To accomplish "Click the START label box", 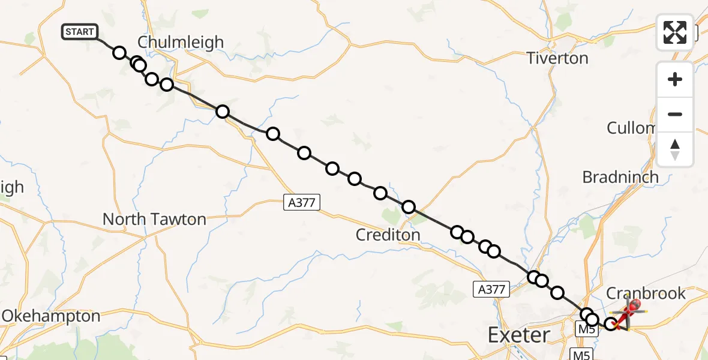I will click(80, 32).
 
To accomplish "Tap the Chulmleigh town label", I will click(181, 42).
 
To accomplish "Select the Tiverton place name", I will click(557, 58).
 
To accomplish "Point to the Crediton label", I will click(388, 235).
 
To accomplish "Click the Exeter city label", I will click(519, 334).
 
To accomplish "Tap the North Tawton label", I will click(154, 220).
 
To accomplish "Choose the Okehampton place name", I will click(51, 316).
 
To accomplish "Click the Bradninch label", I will click(620, 177).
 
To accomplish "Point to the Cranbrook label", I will click(646, 293).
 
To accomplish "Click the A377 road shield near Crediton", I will click(302, 203).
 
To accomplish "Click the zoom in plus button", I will click(675, 79).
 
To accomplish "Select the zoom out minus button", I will click(675, 114).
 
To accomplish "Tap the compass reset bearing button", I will click(675, 149).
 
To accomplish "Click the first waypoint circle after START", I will click(119, 53).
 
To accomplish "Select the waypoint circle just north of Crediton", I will click(409, 207).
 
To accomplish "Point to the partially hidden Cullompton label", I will click(631, 128).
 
